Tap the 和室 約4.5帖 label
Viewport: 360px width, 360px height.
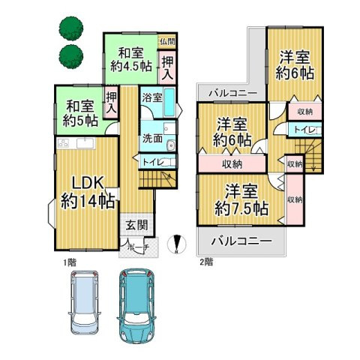130,58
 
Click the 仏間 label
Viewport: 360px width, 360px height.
168,40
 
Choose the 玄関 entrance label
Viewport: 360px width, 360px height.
136,226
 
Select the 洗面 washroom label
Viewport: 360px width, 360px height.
152,137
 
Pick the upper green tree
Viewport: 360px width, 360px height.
69,31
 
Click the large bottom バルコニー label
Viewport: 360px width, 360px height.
242,241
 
